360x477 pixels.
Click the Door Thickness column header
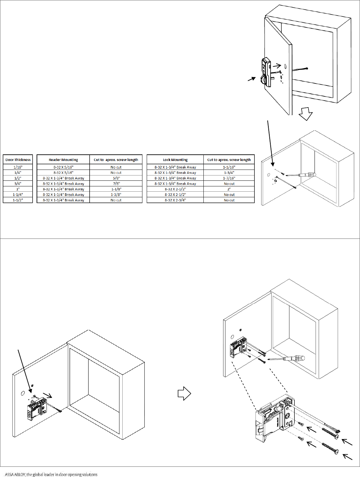click(18, 160)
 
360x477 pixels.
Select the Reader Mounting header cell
click(63, 160)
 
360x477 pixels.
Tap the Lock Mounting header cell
click(175, 160)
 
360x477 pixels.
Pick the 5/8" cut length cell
click(116, 178)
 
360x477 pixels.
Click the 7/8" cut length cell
click(116, 184)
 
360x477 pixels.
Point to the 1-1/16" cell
click(229, 167)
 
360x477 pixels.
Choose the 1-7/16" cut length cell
click(229, 178)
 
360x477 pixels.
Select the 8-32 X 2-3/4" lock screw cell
click(175, 200)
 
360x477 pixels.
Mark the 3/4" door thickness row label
click(18, 184)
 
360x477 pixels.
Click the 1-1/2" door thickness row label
click(18, 200)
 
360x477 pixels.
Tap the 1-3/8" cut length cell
click(116, 195)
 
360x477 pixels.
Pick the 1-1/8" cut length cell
click(116, 189)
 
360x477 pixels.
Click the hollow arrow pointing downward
click(306, 114)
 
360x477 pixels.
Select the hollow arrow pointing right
click(184, 393)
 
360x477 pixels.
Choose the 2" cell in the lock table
click(229, 189)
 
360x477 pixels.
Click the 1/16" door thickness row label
click(18, 167)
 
